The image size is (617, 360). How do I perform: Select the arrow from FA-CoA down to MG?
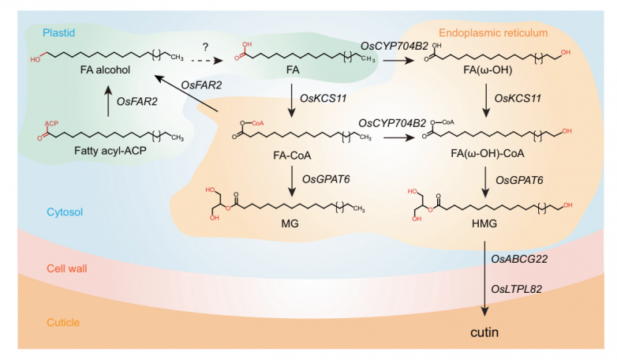[x=292, y=181]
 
